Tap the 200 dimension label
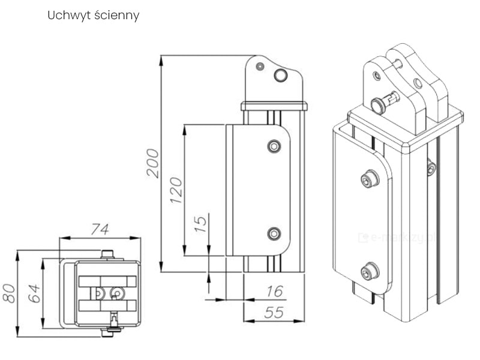coord(153,162)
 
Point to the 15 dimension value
coord(201,223)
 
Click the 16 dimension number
coord(274,292)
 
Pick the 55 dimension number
coord(274,313)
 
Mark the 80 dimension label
coord(9,293)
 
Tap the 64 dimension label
coord(34,293)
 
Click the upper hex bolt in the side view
coord(274,146)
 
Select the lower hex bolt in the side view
coord(274,233)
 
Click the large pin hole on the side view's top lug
coord(281,75)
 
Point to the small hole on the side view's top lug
coord(260,66)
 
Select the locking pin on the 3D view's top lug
coord(382,103)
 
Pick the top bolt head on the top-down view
coord(107,254)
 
